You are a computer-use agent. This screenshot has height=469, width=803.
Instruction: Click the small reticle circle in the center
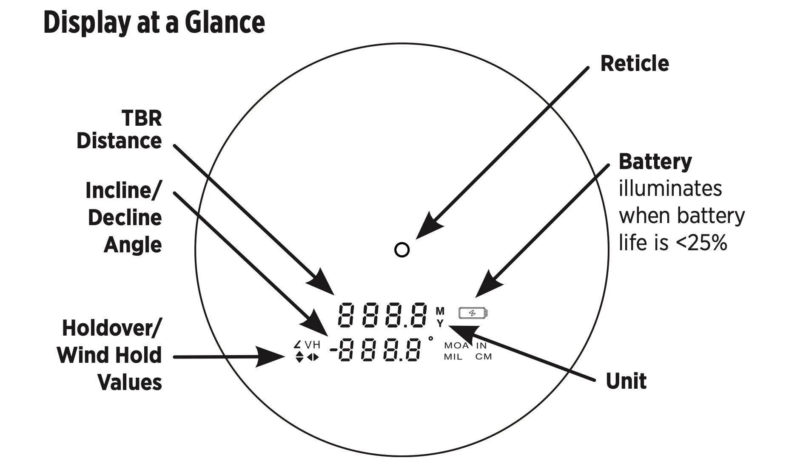coord(402,250)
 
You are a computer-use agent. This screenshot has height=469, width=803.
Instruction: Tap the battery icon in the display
coord(473,314)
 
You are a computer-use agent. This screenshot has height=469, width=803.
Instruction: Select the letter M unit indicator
coord(440,311)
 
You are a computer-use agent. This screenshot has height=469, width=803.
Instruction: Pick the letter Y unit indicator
coord(440,324)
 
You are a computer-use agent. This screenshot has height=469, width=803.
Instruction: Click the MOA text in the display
coord(456,346)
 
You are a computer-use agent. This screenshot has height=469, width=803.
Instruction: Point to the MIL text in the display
coord(453,357)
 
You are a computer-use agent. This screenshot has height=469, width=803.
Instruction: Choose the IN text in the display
coord(481,346)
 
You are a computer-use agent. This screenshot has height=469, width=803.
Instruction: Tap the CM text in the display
coord(484,357)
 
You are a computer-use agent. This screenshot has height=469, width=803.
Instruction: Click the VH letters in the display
coord(313,345)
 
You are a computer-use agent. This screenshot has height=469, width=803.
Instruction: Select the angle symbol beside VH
coord(297,344)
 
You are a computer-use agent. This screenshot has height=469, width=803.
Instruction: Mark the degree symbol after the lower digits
coord(431,339)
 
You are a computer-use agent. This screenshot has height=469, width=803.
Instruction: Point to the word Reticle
coord(634,64)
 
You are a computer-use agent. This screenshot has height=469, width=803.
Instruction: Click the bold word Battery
coord(655,162)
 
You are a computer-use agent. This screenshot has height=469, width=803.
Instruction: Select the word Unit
coord(626,381)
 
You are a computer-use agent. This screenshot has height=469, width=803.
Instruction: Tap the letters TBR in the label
coord(142,118)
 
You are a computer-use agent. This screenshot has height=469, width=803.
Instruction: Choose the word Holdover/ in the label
coord(112,328)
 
